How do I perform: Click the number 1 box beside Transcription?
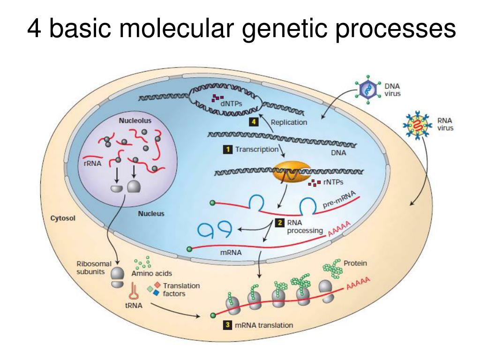point(227,150)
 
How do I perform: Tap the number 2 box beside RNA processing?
point(280,223)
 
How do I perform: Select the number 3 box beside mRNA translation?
point(227,325)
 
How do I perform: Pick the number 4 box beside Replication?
point(253,122)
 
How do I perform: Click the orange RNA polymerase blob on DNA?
point(288,172)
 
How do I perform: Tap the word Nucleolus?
point(135,120)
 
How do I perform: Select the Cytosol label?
point(63,218)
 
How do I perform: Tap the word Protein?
point(355,263)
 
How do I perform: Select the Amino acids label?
point(151,273)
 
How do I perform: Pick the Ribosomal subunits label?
point(94,269)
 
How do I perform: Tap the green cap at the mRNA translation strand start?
point(213,315)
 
